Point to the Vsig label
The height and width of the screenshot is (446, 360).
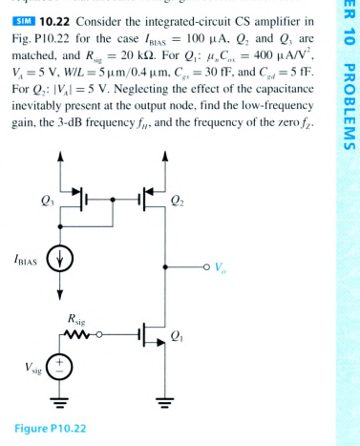pyautogui.click(x=29, y=367)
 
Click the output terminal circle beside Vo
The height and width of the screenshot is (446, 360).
pyautogui.click(x=203, y=266)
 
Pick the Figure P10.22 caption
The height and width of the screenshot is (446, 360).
pyautogui.click(x=53, y=427)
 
